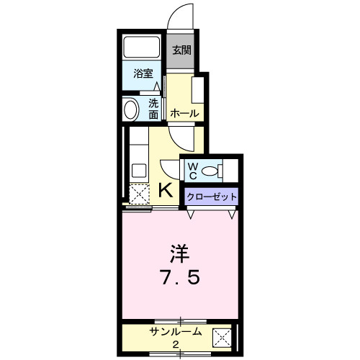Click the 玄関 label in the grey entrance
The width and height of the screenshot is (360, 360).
point(181,50)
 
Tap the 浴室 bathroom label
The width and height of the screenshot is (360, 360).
point(143,73)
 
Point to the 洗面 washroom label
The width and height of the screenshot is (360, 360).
point(153,107)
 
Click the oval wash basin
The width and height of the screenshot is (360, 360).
point(131,109)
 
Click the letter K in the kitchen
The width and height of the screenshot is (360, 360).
point(164,190)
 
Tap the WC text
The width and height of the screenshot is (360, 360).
point(193,171)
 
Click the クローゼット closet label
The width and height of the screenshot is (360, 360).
point(211,197)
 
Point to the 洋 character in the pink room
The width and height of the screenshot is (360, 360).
point(179,254)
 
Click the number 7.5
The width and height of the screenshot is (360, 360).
point(179,279)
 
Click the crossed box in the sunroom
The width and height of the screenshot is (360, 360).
point(222,336)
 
